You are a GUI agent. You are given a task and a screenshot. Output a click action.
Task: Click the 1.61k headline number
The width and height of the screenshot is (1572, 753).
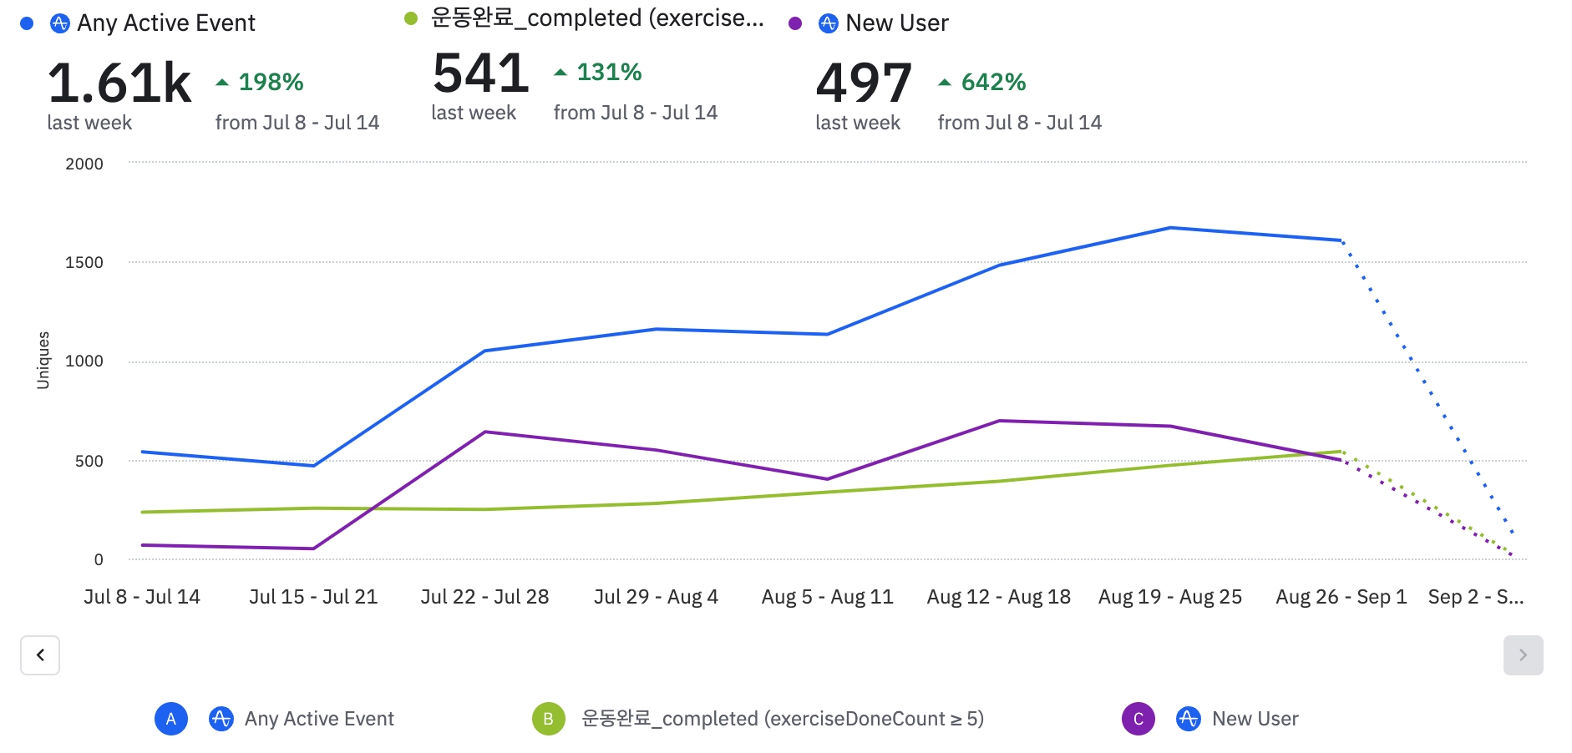click(119, 83)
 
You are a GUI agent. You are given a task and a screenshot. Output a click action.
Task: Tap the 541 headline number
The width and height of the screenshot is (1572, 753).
click(481, 73)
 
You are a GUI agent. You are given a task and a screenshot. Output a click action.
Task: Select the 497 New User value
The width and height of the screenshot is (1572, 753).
click(864, 83)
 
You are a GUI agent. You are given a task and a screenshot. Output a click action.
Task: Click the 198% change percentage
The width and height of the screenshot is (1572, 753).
click(271, 82)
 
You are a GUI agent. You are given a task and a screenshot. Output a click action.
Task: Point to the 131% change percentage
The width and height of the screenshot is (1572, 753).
click(609, 73)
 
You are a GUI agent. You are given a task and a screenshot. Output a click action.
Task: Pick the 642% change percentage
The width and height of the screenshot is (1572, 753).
click(993, 82)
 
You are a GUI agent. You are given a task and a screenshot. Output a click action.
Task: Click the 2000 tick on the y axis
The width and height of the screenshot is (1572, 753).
click(84, 164)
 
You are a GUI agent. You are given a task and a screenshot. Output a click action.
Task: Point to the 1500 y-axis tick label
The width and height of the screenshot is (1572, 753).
click(84, 263)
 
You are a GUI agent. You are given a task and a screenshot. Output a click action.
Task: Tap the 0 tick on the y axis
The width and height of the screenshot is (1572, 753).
click(99, 559)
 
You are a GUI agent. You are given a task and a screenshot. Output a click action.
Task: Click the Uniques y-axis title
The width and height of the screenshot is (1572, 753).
click(43, 361)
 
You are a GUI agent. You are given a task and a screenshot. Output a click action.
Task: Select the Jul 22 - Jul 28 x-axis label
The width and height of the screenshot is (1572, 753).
click(484, 597)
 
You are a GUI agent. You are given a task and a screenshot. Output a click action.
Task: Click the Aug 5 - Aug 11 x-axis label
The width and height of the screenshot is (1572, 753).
click(827, 597)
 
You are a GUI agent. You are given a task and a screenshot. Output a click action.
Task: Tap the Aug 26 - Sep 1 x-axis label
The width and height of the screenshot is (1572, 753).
click(1341, 597)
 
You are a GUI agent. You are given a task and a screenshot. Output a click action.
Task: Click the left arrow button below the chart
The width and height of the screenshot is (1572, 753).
click(40, 655)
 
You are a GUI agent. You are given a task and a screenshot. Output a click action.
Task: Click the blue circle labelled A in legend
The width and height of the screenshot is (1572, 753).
click(171, 719)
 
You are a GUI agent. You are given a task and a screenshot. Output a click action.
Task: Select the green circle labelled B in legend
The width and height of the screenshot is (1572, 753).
click(549, 719)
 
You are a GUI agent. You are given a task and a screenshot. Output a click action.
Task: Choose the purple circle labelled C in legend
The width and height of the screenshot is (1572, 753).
click(1138, 719)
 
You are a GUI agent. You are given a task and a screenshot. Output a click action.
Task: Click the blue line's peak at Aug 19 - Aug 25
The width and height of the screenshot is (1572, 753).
click(1170, 228)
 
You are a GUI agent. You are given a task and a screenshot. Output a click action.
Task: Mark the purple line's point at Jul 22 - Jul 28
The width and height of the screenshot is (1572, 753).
click(485, 432)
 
